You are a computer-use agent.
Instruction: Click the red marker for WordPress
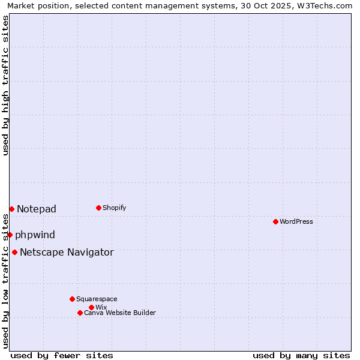275,221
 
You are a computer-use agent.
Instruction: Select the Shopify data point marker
98,208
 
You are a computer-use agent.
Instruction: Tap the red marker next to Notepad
11,209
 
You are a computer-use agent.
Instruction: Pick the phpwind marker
10,235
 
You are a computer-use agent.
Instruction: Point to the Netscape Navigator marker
14,252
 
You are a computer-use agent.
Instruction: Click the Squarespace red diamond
72,299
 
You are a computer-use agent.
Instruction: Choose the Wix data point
91,307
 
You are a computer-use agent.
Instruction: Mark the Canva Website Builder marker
80,313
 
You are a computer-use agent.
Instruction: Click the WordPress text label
296,221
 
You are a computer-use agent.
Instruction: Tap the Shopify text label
115,208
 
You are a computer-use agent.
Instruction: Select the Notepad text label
37,209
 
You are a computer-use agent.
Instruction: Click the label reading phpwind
35,235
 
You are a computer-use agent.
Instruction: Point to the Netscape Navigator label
67,252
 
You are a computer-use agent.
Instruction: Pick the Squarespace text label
97,299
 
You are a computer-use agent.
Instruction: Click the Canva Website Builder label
120,313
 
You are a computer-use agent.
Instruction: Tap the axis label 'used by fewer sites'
62,355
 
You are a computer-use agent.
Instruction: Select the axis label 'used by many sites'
301,355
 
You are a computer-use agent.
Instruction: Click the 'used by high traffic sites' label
5,85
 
